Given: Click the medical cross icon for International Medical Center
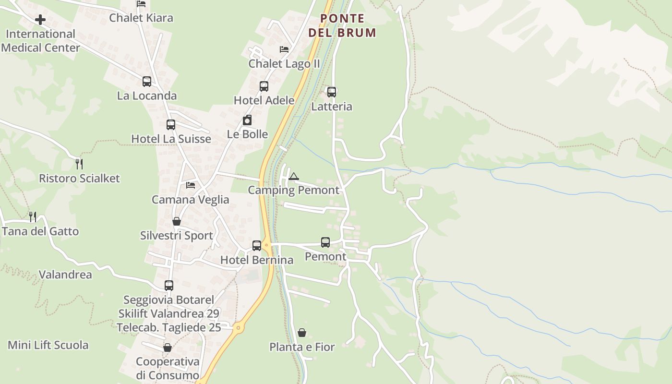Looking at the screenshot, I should pos(40,20).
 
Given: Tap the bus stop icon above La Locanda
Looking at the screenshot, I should pos(147,82).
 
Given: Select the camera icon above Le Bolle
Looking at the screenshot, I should pos(247,120).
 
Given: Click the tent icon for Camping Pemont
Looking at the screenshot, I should pos(294,176).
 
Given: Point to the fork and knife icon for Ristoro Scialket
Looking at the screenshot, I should pos(80,164).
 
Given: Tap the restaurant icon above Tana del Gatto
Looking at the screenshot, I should pos(32,217).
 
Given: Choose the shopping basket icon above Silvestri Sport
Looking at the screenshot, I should pos(177,221).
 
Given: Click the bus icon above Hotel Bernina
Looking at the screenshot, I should pos(257,246).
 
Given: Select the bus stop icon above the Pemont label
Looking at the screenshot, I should pos(325,242).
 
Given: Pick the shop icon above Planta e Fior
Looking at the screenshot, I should pos(302,332).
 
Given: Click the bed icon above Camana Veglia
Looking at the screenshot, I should pos(191,185).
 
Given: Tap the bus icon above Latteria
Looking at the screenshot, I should pos(332,92).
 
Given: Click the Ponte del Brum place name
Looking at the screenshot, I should pos(342,25).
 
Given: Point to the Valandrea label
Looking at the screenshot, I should pos(65,275).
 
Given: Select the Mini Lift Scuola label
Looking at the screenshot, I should pos(48,345).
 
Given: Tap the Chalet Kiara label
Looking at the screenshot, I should pos(141,18).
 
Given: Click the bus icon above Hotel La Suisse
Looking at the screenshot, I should pos(171,125).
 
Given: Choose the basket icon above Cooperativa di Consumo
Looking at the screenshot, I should pos(168,348).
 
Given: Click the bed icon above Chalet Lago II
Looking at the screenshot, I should pos(284,49).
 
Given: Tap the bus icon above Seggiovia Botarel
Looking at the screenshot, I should pos(169,286).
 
